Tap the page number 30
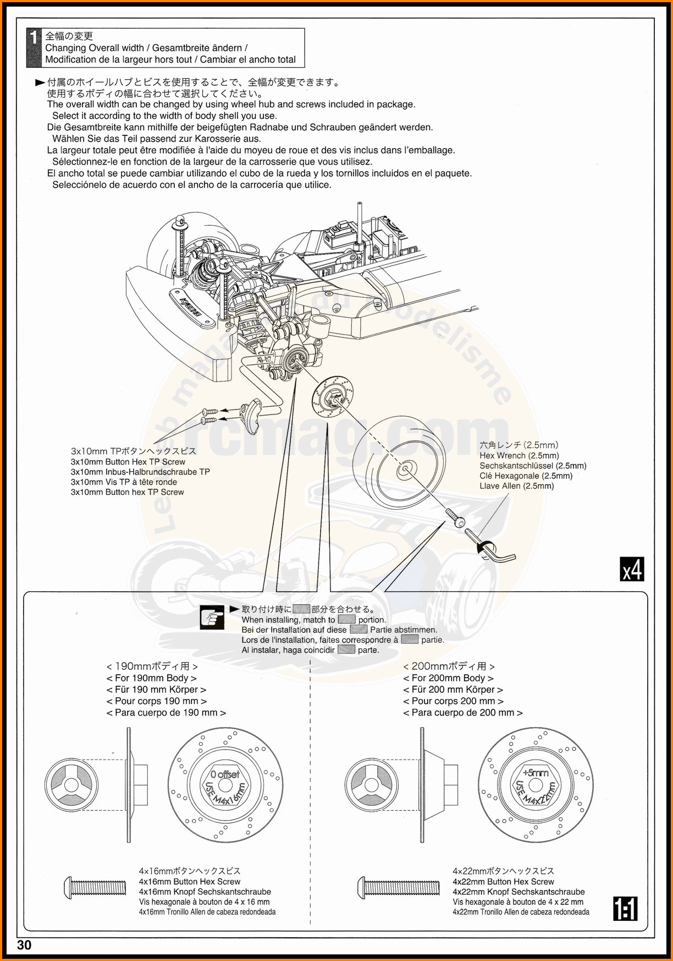25,945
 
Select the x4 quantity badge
632,570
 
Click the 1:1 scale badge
626,909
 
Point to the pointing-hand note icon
212,618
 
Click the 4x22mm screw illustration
399,887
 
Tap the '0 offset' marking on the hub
225,774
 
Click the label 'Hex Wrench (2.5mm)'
519,456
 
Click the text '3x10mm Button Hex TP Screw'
128,462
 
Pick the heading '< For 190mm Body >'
151,678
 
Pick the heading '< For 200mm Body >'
448,678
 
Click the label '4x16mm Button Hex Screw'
190,882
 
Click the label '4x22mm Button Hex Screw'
503,882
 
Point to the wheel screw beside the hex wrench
454,518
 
